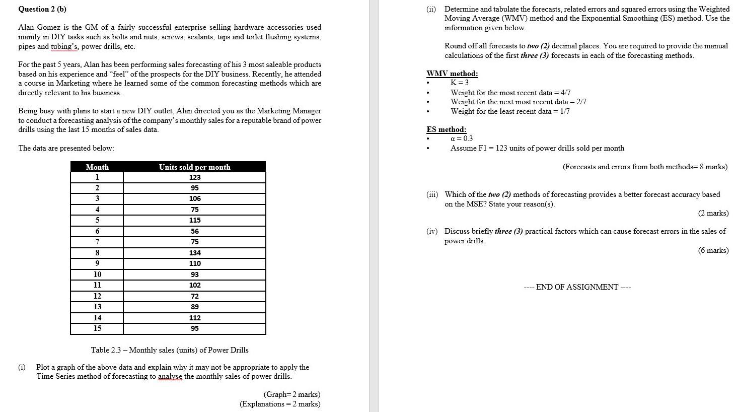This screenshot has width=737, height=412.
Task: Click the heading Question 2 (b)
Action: click(x=42, y=9)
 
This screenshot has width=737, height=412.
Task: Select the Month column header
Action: click(x=97, y=167)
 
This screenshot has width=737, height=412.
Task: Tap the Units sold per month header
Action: click(x=194, y=167)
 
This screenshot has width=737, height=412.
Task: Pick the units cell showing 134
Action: click(x=195, y=253)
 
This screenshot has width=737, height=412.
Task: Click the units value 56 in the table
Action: click(x=195, y=231)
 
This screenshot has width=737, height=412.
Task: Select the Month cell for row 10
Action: click(x=97, y=274)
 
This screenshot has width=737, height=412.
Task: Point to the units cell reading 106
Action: click(x=195, y=198)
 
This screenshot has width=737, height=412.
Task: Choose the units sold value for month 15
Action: click(x=195, y=328)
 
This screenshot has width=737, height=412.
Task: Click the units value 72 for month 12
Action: click(x=195, y=296)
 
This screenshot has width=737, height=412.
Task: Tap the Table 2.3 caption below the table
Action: click(x=170, y=350)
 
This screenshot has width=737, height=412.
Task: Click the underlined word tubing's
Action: click(x=64, y=46)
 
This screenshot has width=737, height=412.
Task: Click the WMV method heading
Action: click(x=452, y=74)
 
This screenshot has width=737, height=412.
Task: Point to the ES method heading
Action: click(x=446, y=129)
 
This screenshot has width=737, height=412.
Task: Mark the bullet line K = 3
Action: click(x=459, y=83)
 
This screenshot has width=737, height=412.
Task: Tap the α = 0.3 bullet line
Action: click(x=462, y=139)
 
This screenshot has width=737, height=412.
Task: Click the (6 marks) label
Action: click(x=713, y=250)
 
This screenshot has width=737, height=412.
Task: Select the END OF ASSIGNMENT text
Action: click(x=577, y=287)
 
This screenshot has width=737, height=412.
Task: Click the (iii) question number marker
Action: click(x=432, y=194)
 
